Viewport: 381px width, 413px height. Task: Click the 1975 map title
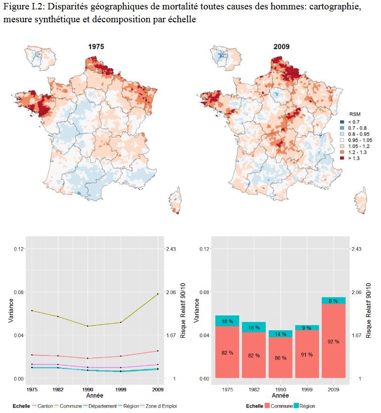(x=96, y=47)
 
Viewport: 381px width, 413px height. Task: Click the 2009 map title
(x=282, y=47)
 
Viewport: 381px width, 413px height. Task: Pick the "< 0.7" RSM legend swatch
(x=342, y=121)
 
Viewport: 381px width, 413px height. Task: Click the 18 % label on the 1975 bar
(x=227, y=321)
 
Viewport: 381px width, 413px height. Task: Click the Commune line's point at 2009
(x=158, y=294)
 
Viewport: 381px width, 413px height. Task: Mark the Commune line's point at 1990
(x=88, y=326)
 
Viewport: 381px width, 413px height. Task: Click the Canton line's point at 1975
(x=32, y=355)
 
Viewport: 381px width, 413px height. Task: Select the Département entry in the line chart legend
(x=101, y=406)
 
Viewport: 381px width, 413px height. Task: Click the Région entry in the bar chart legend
(x=307, y=406)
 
